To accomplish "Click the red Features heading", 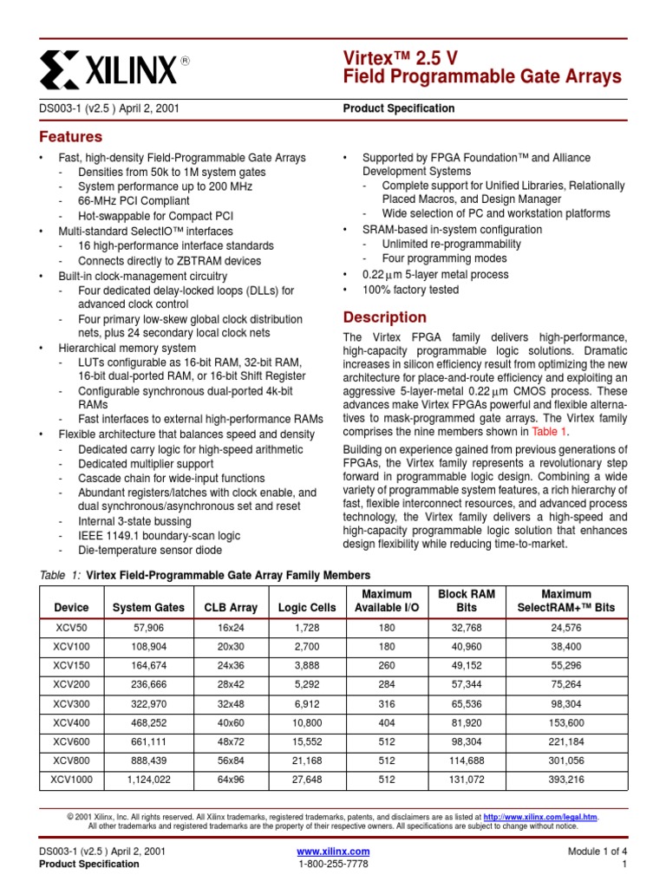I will (x=71, y=137).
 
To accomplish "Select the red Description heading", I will (x=385, y=317).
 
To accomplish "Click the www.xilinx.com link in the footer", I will (x=333, y=852).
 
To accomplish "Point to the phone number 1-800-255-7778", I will (x=333, y=865).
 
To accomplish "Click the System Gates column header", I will (x=148, y=608).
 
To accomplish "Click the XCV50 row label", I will (x=70, y=629).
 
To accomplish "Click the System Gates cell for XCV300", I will (x=148, y=704).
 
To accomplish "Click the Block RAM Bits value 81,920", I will (x=467, y=722).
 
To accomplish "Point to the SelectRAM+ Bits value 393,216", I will (x=565, y=780).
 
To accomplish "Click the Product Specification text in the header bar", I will (x=399, y=108).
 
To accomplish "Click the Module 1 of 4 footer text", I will (x=597, y=852).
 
